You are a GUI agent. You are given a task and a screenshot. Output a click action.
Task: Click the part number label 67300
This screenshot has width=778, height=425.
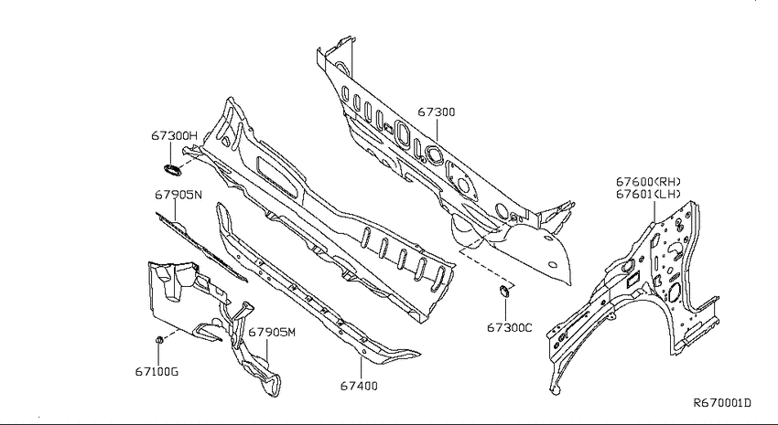point(436,112)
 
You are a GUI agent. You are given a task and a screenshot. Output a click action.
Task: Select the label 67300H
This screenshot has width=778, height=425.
point(174,135)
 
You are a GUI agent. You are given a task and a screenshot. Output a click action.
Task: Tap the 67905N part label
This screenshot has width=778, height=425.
point(178,195)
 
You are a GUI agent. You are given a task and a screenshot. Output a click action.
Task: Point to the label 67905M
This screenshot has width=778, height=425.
point(272,332)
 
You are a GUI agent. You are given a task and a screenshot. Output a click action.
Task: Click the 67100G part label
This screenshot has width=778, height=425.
point(157,371)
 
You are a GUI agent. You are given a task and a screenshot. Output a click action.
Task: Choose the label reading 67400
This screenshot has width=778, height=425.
point(359,386)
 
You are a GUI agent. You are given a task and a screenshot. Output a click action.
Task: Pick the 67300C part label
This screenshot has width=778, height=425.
point(509,327)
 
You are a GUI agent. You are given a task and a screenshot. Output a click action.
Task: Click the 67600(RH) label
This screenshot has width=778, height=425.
point(649,182)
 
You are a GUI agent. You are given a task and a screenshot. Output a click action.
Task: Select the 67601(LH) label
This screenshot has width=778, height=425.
point(649,194)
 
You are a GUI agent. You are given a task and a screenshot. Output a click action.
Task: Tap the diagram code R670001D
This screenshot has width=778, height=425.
point(722,403)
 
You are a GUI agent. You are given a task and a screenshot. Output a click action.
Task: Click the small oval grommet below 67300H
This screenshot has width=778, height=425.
point(173,170)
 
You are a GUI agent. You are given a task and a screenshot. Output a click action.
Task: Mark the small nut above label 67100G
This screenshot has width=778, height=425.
point(159,340)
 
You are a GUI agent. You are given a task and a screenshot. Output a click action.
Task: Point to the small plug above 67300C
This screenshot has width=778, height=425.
point(503,291)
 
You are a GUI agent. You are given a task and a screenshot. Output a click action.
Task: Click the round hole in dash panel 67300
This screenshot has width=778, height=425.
point(435,155)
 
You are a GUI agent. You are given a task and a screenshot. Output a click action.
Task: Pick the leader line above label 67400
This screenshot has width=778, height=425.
point(362,367)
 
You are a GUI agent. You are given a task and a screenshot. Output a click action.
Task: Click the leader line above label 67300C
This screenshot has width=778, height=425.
point(505,308)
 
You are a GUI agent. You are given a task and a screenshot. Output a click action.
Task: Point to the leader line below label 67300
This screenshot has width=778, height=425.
point(437,130)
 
